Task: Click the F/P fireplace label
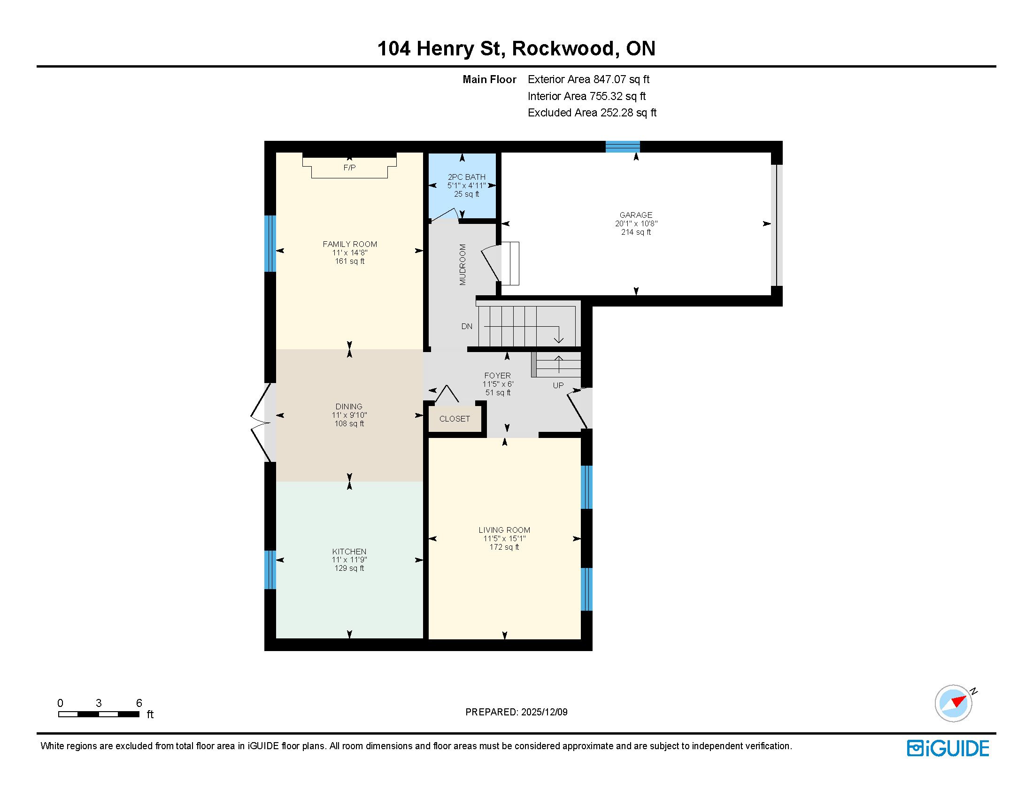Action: pos(349,168)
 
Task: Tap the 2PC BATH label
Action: pos(467,177)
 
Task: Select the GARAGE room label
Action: pos(636,215)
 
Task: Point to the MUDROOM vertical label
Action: pos(463,265)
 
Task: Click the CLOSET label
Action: pos(455,419)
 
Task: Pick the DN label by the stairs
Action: pos(467,326)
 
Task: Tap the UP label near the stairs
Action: pos(558,385)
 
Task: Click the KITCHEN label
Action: pos(349,552)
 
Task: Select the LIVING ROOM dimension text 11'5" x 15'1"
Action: pos(505,538)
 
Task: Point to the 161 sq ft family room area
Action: pos(350,261)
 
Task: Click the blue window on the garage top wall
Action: pos(623,146)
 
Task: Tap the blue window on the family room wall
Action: pos(270,244)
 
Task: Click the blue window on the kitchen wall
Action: pos(270,570)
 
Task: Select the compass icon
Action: pos(954,703)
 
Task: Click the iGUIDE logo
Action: pos(948,748)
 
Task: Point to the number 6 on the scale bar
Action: pos(139,703)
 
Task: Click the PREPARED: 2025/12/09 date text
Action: pos(516,712)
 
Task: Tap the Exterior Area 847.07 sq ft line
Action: pos(589,79)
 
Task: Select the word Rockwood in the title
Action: pos(563,48)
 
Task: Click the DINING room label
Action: pos(349,407)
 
